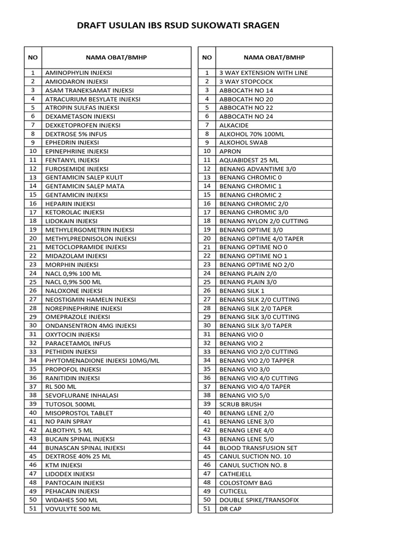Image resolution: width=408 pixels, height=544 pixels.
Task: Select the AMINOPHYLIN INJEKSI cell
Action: tap(79, 73)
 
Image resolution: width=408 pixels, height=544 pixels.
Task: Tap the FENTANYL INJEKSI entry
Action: tap(72, 160)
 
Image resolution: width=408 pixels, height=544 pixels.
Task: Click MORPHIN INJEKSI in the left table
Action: tap(72, 265)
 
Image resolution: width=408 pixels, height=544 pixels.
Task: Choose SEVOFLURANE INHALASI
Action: tap(82, 395)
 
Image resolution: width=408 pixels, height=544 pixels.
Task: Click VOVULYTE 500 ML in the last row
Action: tap(73, 509)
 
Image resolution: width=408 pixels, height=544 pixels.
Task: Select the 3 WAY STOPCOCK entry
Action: tap(246, 82)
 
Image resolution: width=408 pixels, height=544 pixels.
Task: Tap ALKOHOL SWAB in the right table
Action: tap(243, 143)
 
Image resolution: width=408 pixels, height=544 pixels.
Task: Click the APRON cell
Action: tap(230, 151)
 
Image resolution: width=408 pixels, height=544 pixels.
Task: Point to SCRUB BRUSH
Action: tap(240, 404)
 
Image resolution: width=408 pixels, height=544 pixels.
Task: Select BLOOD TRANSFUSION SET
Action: tap(258, 448)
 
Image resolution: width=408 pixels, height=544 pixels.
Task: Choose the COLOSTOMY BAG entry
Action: tap(245, 483)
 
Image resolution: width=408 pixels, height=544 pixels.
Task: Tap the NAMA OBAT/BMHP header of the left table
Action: tap(116, 58)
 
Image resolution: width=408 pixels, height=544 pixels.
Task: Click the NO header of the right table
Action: tap(207, 58)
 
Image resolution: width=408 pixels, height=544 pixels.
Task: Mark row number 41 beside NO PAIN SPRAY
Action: tap(33, 421)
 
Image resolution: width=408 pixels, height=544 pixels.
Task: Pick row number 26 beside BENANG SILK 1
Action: tap(207, 291)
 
